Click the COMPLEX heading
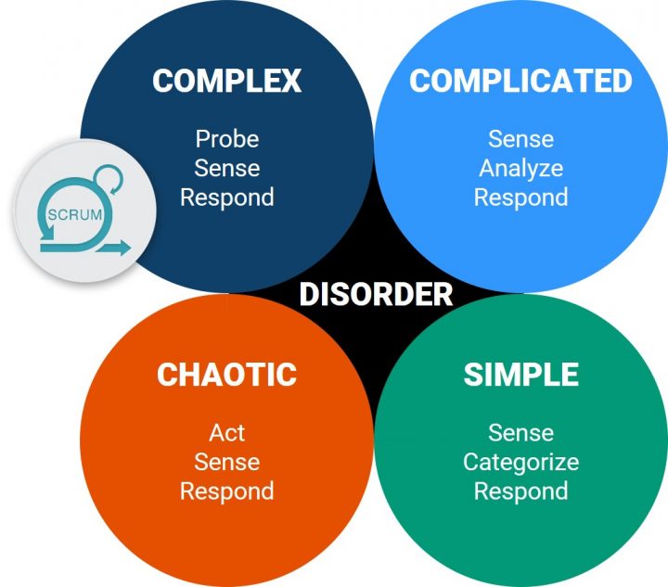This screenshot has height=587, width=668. click(226, 81)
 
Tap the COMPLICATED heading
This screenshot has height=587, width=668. click(520, 81)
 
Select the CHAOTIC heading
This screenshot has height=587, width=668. click(226, 374)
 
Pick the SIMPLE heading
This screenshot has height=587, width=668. click(521, 374)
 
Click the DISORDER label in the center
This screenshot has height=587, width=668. click(376, 294)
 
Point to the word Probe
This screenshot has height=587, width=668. click(227, 139)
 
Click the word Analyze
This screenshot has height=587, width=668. click(521, 169)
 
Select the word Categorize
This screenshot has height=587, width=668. click(521, 463)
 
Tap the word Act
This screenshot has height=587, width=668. click(226, 433)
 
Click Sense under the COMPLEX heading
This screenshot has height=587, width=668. click(227, 168)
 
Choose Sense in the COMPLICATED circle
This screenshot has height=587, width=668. click(521, 139)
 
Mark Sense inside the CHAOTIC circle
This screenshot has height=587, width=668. click(227, 462)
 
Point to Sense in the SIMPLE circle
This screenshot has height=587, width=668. click(521, 433)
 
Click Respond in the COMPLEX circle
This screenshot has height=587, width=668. click(227, 198)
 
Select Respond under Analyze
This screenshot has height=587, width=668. click(521, 198)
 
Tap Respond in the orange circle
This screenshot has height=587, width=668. click(227, 491)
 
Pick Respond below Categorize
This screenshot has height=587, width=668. click(521, 491)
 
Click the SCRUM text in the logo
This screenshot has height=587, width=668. click(75, 214)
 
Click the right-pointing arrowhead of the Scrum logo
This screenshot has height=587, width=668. click(125, 248)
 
